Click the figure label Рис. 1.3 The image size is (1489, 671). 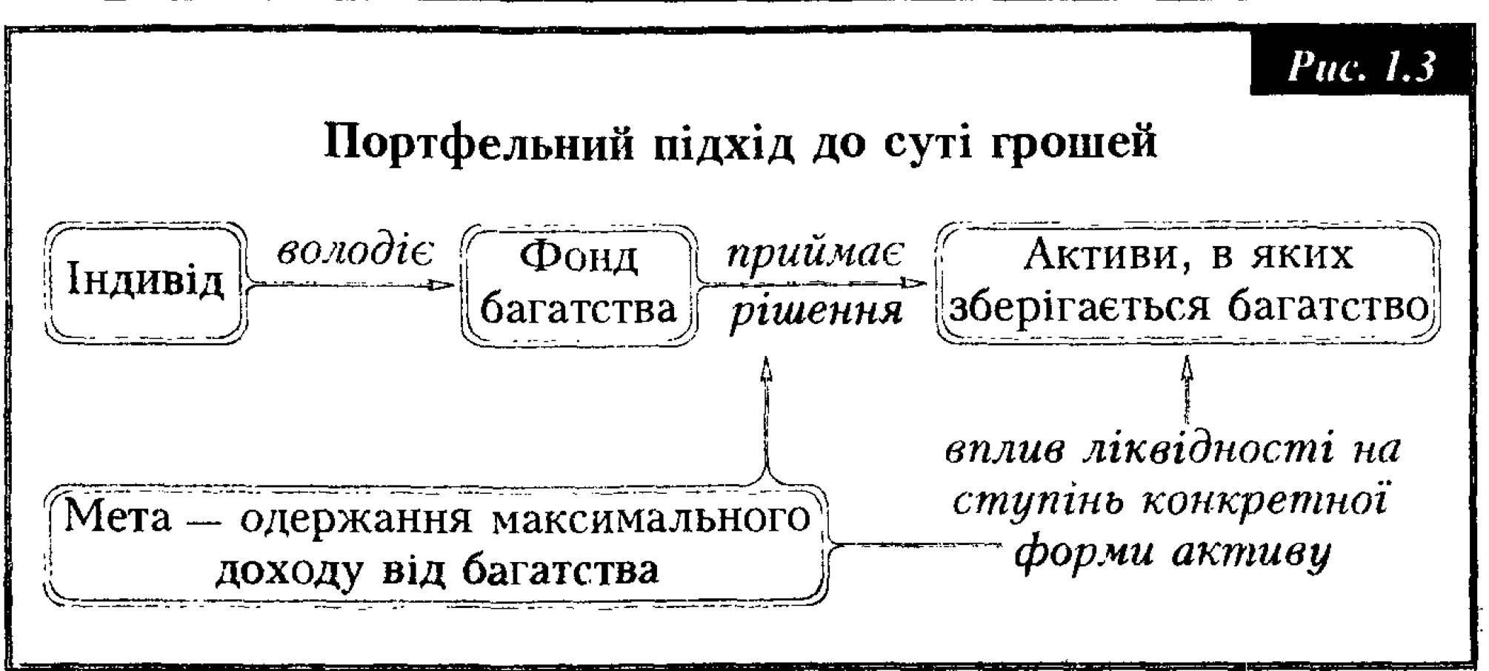point(1362,67)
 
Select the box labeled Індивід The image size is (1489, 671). point(146,282)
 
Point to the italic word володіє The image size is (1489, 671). point(355,252)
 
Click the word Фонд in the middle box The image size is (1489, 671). point(579,257)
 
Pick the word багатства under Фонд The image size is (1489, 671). point(579,308)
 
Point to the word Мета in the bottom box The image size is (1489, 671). point(117,517)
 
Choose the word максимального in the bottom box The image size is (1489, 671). point(650,518)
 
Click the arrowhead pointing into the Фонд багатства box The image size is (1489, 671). point(443,285)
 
